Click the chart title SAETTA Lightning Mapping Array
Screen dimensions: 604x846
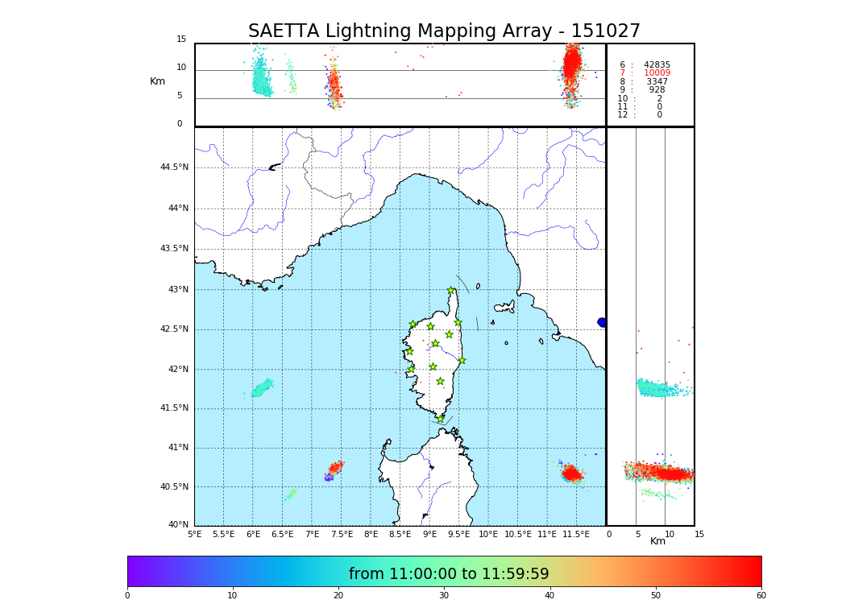tap(444, 31)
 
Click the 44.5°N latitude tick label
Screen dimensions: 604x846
tap(174, 168)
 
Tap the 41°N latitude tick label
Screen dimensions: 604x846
tap(177, 448)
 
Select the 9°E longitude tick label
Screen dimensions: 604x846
tap(429, 534)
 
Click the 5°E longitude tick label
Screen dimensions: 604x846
tap(195, 534)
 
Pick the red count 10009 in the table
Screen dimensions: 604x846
tap(657, 73)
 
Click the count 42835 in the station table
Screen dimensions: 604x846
tap(657, 65)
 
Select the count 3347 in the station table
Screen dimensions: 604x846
tap(657, 82)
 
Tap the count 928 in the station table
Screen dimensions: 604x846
tap(657, 90)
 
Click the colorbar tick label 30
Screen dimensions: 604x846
tap(444, 596)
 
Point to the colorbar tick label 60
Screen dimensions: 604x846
tap(761, 596)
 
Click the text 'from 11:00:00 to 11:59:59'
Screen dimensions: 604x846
tap(449, 574)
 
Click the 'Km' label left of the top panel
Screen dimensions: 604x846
tap(157, 81)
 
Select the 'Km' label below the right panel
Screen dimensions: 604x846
tap(657, 541)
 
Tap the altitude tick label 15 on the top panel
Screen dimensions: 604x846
tap(181, 39)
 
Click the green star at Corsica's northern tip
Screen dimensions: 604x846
tap(451, 291)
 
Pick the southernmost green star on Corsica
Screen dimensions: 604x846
tap(440, 419)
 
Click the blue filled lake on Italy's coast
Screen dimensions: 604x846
tap(602, 322)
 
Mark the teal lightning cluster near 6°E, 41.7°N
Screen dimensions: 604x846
tap(261, 389)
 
